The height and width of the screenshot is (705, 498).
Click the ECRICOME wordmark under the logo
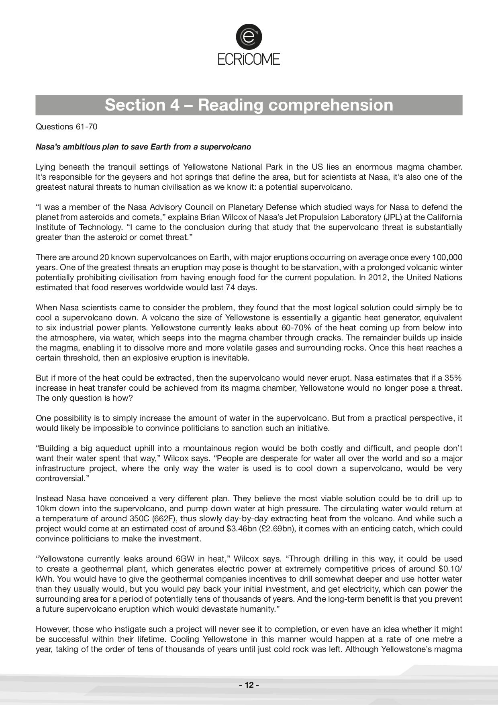249,59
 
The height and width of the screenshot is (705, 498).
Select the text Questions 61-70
67,127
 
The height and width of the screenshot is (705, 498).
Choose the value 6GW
186,559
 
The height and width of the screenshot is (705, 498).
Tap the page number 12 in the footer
249,685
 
